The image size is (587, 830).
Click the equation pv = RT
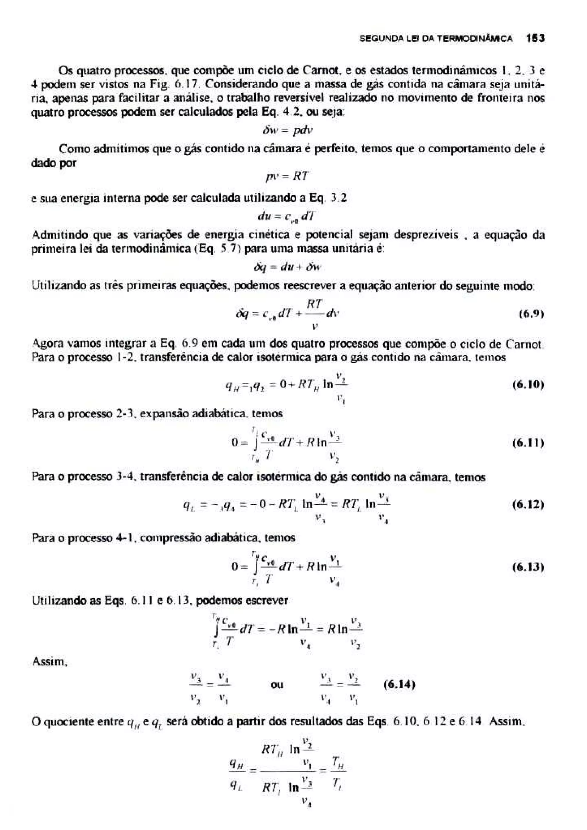pos(286,176)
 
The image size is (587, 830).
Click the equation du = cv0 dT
pos(286,217)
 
